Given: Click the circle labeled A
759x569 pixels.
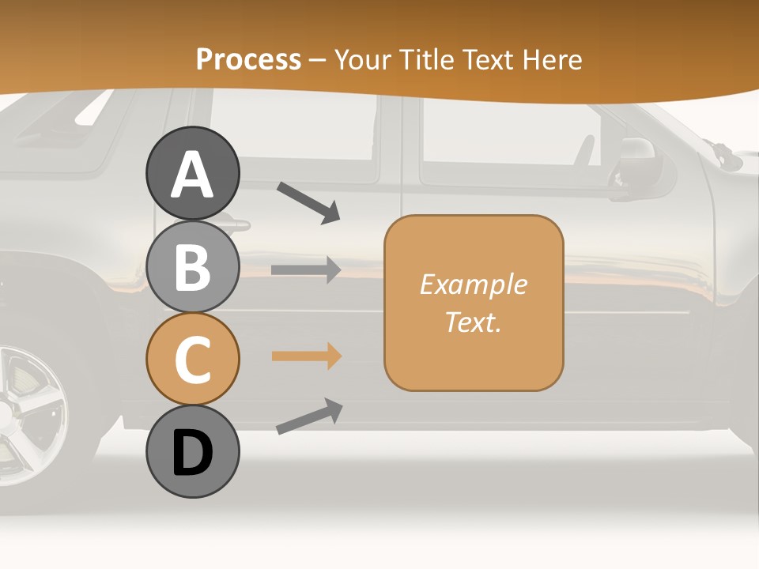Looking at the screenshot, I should pyautogui.click(x=192, y=173).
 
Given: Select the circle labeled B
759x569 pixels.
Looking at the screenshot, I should pyautogui.click(x=192, y=266).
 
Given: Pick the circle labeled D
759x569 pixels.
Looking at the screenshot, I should pyautogui.click(x=192, y=451).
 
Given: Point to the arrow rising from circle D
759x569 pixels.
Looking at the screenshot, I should pyautogui.click(x=309, y=416).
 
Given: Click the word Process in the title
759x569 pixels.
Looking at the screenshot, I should pyautogui.click(x=248, y=59).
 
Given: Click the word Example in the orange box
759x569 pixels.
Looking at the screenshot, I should pyautogui.click(x=473, y=284).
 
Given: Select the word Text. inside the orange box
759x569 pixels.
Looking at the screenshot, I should pyautogui.click(x=473, y=322).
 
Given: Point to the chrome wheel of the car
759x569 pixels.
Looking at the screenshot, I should pyautogui.click(x=28, y=411).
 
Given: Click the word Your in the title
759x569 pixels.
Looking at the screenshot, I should pyautogui.click(x=363, y=59).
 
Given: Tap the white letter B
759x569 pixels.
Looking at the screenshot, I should pyautogui.click(x=192, y=267).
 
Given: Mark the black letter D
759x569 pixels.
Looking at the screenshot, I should pyautogui.click(x=192, y=453).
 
